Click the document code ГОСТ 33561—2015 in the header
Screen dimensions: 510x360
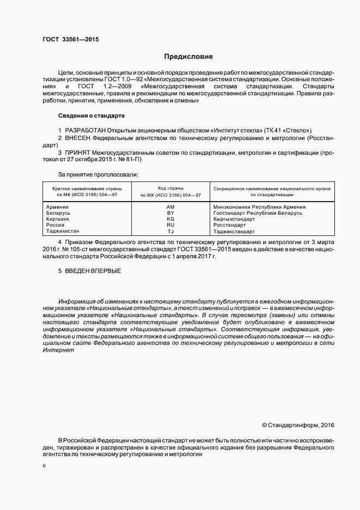(70, 39)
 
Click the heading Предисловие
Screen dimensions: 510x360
(188, 57)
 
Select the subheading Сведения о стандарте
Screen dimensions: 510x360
(91, 116)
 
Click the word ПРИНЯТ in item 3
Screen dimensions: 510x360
(78, 153)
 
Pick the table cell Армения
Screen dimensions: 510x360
(57, 207)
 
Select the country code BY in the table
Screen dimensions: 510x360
(170, 213)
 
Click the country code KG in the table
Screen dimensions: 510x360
(170, 219)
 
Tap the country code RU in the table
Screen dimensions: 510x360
(170, 225)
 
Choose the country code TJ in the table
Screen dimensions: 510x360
(170, 231)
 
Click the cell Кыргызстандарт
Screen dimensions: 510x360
(234, 219)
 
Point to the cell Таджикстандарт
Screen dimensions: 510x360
(235, 231)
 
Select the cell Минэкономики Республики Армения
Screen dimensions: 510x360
(259, 207)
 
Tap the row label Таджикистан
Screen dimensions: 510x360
(63, 231)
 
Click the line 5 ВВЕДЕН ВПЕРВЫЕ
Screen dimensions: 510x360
(89, 271)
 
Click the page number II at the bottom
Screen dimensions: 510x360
(44, 466)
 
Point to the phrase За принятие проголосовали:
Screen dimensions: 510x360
(98, 174)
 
